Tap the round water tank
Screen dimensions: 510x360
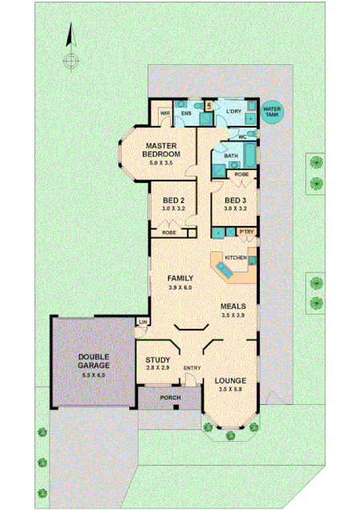tap(271, 113)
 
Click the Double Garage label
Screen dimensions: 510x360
tap(93, 361)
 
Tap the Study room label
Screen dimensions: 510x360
tap(156, 360)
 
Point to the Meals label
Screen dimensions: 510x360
tap(233, 306)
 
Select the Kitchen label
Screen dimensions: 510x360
tap(235, 257)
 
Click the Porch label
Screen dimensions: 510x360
tap(169, 397)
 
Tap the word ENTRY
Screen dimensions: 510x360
tap(192, 368)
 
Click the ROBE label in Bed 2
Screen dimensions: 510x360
tap(169, 233)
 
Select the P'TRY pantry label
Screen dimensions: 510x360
tap(246, 233)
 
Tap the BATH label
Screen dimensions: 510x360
tap(232, 156)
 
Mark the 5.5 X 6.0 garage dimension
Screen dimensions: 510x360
tap(93, 374)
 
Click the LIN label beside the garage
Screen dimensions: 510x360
tap(143, 322)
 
